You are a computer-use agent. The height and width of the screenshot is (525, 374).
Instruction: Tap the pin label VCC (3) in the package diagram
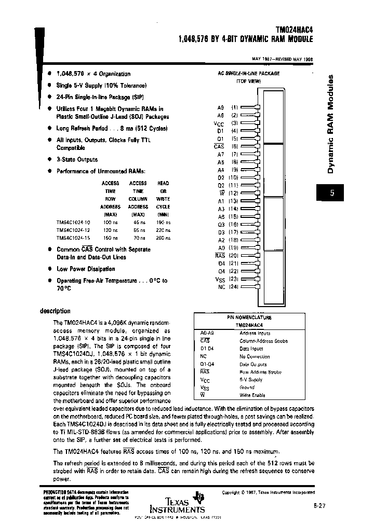(x=226, y=123)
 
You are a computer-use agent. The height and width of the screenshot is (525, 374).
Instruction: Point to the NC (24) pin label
(x=227, y=287)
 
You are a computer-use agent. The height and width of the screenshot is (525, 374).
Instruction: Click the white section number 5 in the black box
(x=332, y=194)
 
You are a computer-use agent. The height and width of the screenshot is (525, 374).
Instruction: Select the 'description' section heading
(x=55, y=311)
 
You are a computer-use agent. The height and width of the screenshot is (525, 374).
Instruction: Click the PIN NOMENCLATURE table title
(x=249, y=317)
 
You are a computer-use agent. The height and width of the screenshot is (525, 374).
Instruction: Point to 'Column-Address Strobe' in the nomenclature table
(x=263, y=341)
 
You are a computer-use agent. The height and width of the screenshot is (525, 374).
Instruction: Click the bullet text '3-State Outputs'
(x=77, y=160)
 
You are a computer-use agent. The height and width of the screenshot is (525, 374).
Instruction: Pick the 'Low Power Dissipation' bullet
(x=86, y=269)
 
